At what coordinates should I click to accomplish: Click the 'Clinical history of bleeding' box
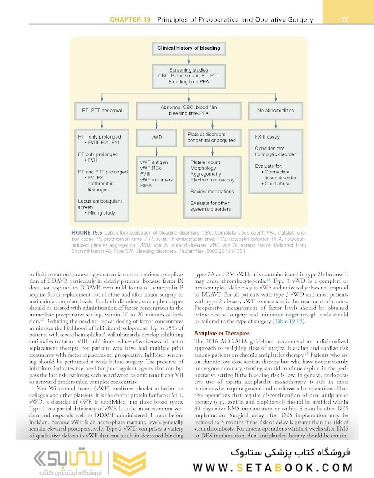tap(188, 48)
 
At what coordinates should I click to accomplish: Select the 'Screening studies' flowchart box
tap(188, 76)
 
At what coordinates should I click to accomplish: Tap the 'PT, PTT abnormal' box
tap(102, 110)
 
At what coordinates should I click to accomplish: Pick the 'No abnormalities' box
tap(275, 110)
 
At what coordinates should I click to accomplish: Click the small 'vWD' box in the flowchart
tap(156, 137)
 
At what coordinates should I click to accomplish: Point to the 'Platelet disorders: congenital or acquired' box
tap(211, 137)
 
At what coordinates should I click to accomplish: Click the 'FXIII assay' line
tap(267, 137)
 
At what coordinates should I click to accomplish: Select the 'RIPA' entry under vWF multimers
tap(146, 186)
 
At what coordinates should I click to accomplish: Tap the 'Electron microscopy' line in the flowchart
tap(212, 180)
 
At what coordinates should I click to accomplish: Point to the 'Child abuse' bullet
tap(277, 184)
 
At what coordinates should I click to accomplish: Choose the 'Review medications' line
tap(212, 192)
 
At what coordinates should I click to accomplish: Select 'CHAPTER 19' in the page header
tap(130, 20)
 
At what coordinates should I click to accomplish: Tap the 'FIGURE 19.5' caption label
tap(87, 232)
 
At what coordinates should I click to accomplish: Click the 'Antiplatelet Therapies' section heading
tap(222, 333)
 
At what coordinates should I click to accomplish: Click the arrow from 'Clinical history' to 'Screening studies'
tap(188, 59)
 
